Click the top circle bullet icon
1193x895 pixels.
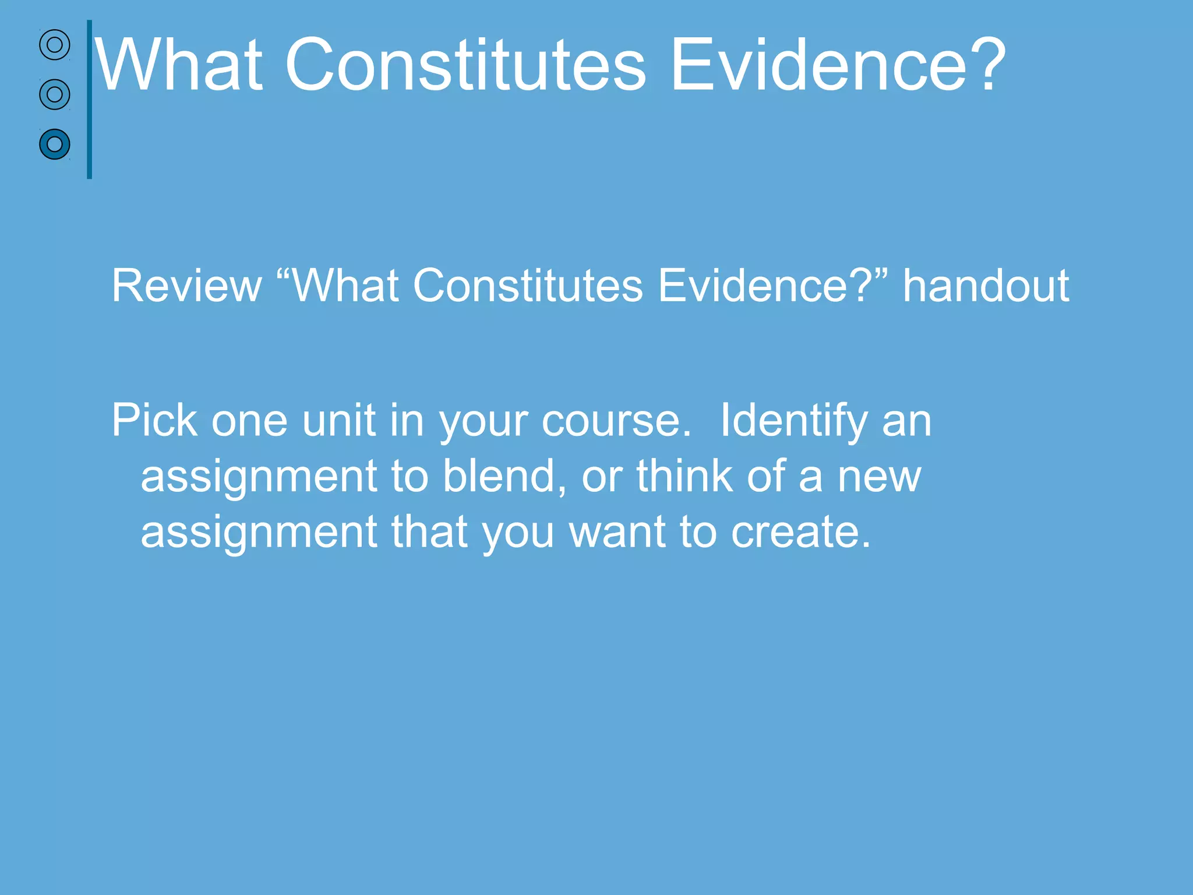[55, 45]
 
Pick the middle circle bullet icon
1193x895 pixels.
[55, 94]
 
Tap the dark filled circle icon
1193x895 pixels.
[55, 144]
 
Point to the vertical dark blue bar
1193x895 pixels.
[89, 99]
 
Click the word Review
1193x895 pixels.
[186, 286]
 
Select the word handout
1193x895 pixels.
[986, 286]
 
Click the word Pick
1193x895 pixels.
[154, 420]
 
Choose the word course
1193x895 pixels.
[616, 420]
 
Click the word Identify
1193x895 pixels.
[794, 420]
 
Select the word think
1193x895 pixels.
[684, 475]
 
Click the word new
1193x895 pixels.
[880, 475]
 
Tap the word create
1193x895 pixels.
[801, 531]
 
